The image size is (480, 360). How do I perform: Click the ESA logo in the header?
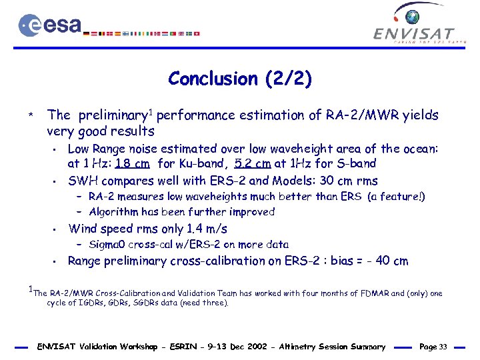click(50, 25)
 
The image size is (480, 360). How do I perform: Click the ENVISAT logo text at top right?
click(413, 33)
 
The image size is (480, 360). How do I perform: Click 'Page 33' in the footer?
click(434, 347)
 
